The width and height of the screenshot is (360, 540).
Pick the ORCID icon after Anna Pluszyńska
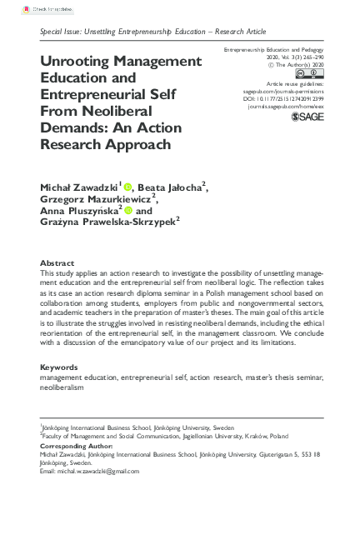(128, 212)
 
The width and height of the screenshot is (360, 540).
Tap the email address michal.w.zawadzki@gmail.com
(89, 471)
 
